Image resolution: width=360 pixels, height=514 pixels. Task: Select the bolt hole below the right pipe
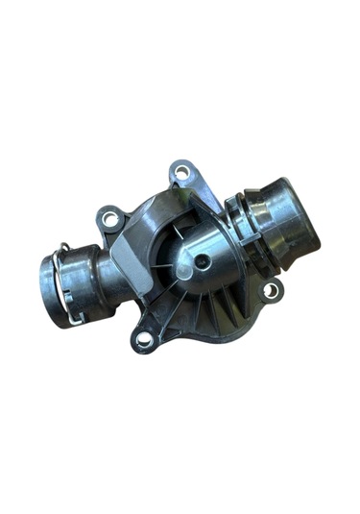tap(272, 288)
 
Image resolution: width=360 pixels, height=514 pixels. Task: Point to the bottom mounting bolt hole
tap(145, 338)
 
